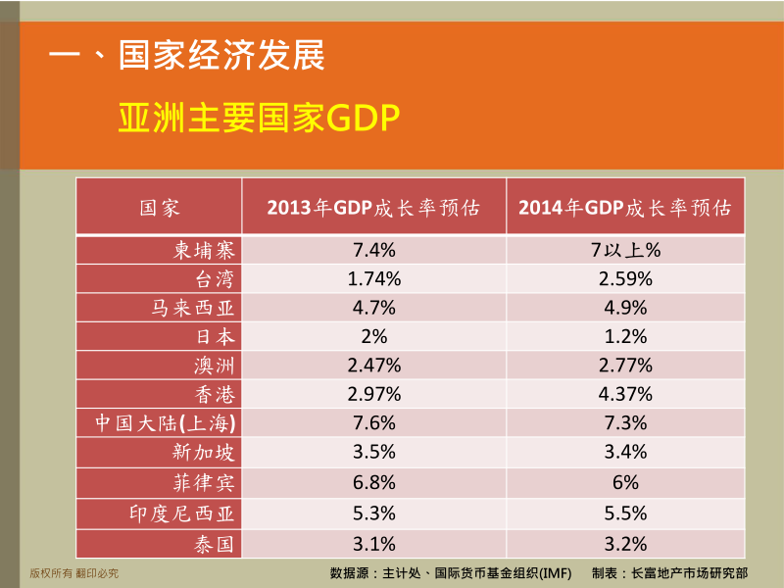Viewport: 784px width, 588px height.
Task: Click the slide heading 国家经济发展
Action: click(x=221, y=55)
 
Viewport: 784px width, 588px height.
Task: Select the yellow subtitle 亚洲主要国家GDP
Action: click(x=259, y=118)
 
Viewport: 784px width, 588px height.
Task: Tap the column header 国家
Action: click(x=159, y=208)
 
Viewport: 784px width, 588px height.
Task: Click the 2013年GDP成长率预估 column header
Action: click(x=373, y=208)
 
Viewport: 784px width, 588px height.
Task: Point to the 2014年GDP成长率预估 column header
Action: click(x=625, y=208)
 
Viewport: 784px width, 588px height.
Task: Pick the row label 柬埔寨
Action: click(x=204, y=250)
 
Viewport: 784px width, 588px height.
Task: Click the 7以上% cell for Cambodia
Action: click(x=625, y=250)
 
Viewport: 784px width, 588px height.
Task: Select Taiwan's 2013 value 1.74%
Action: click(x=374, y=279)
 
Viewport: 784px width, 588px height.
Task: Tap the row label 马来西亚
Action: click(x=193, y=308)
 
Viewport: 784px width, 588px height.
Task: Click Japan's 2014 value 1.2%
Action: click(x=625, y=336)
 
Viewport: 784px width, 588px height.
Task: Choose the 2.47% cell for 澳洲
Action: click(x=374, y=366)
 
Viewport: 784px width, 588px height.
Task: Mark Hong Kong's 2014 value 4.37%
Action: click(x=625, y=394)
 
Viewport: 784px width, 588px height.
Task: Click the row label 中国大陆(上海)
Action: click(x=166, y=423)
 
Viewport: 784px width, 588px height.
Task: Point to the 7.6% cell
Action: click(x=374, y=423)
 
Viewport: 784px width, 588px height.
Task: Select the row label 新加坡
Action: click(x=204, y=452)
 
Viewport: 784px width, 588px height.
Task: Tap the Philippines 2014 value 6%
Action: click(x=625, y=482)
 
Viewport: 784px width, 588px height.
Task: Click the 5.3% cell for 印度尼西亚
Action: click(x=374, y=514)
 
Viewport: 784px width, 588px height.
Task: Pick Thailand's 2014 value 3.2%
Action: click(x=625, y=544)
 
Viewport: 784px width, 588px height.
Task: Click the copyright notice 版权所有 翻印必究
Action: click(x=74, y=573)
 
